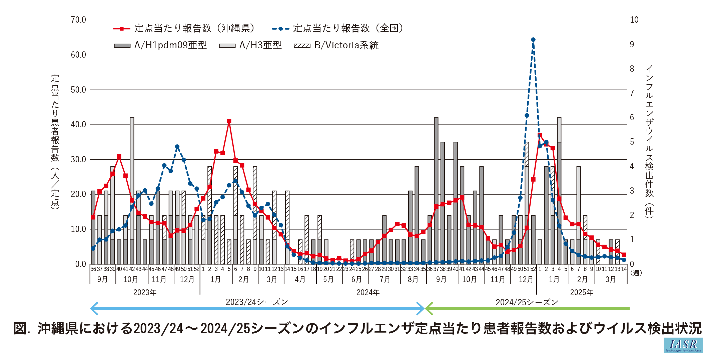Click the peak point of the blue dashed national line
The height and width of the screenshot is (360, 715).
(533, 40)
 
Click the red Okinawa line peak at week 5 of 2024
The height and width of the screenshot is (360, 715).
(229, 121)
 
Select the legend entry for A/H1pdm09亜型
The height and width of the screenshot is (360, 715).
(160, 45)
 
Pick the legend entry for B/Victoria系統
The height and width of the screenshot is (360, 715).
(336, 45)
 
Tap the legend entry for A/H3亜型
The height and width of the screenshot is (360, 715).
(250, 45)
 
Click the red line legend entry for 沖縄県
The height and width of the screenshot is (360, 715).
(184, 28)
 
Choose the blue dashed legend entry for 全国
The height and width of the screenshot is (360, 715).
(337, 28)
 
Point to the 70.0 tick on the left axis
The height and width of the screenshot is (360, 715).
(78, 20)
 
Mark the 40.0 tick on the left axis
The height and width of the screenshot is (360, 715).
(78, 125)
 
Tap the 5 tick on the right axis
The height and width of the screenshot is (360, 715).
(632, 142)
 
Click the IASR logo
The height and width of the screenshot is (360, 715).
(683, 345)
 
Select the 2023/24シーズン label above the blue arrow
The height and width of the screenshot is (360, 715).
(257, 302)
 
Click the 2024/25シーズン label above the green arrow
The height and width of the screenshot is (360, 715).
(527, 302)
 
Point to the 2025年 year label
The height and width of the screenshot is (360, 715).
(582, 292)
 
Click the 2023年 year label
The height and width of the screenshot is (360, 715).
(145, 292)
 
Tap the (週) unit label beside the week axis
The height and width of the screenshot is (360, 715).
(636, 273)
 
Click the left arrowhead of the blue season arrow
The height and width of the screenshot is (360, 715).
(93, 309)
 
